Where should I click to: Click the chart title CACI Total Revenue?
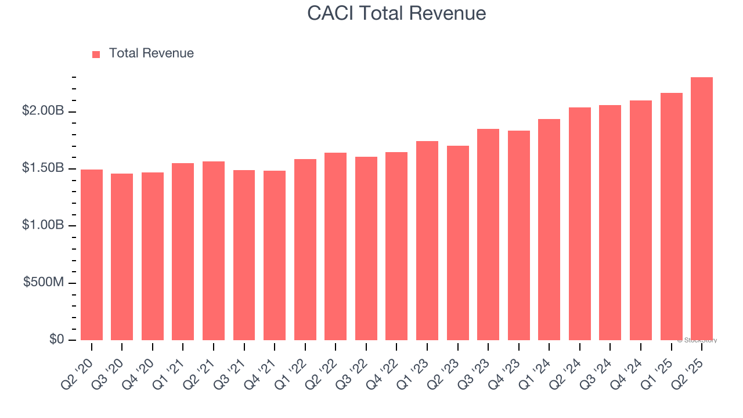click(x=396, y=13)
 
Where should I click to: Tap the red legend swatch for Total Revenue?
click(x=96, y=54)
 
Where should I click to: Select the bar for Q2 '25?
click(x=702, y=209)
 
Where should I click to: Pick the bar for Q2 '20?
click(x=92, y=255)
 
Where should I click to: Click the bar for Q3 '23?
click(x=488, y=235)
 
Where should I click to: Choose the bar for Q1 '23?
click(x=427, y=240)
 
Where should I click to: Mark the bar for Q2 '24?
click(x=580, y=224)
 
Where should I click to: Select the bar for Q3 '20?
click(x=122, y=257)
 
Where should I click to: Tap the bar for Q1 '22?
click(x=305, y=250)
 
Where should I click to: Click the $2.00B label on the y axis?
click(x=43, y=111)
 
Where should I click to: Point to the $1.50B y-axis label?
click(x=43, y=168)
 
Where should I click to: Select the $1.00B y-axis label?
click(x=43, y=225)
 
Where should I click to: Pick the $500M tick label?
click(x=44, y=282)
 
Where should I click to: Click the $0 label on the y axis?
click(x=56, y=339)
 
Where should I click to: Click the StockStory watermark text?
click(x=697, y=340)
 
